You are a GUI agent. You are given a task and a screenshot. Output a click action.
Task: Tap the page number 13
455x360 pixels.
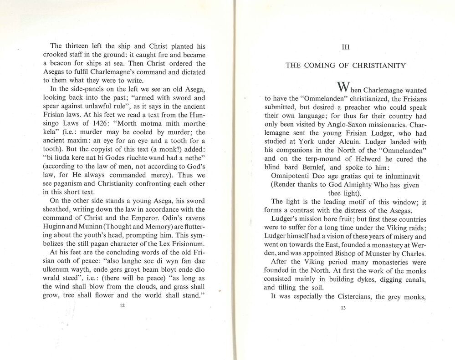click(343, 308)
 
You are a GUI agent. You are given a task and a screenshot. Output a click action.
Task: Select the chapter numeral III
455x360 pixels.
click(345, 46)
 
